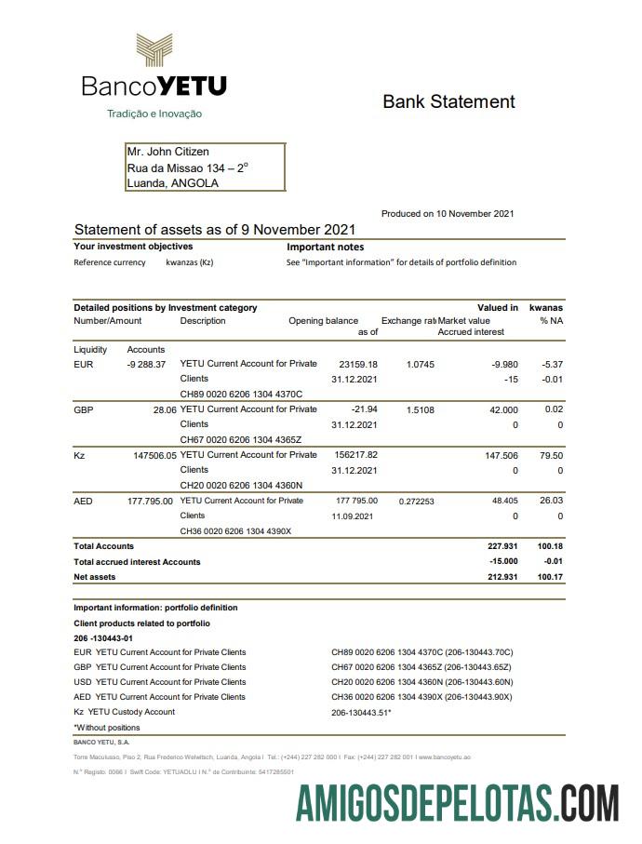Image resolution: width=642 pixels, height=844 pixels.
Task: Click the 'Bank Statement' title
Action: (448, 101)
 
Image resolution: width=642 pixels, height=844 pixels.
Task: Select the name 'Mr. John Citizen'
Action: (168, 152)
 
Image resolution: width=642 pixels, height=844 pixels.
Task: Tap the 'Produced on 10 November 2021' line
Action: (448, 214)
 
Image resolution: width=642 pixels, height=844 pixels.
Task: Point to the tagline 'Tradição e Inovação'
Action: (154, 114)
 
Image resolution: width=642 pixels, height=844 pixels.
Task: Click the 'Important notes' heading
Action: (325, 248)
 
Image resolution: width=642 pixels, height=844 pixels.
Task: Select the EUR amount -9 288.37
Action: (146, 364)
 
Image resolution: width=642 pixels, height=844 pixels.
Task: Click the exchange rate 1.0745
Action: (420, 364)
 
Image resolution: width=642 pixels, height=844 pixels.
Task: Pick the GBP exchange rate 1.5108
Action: (420, 409)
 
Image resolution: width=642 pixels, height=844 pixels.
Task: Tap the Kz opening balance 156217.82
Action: (355, 455)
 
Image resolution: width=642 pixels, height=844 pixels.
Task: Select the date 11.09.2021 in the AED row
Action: (354, 516)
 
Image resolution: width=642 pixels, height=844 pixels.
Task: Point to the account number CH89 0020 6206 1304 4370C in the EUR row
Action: (241, 394)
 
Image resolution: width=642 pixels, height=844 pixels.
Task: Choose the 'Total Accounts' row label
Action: (103, 546)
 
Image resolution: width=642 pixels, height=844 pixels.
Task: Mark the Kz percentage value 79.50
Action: (551, 455)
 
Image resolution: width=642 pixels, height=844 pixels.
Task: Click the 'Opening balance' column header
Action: (323, 321)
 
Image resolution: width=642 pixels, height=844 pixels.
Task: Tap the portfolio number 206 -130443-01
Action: (103, 637)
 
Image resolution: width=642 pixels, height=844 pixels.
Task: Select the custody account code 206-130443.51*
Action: (361, 712)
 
